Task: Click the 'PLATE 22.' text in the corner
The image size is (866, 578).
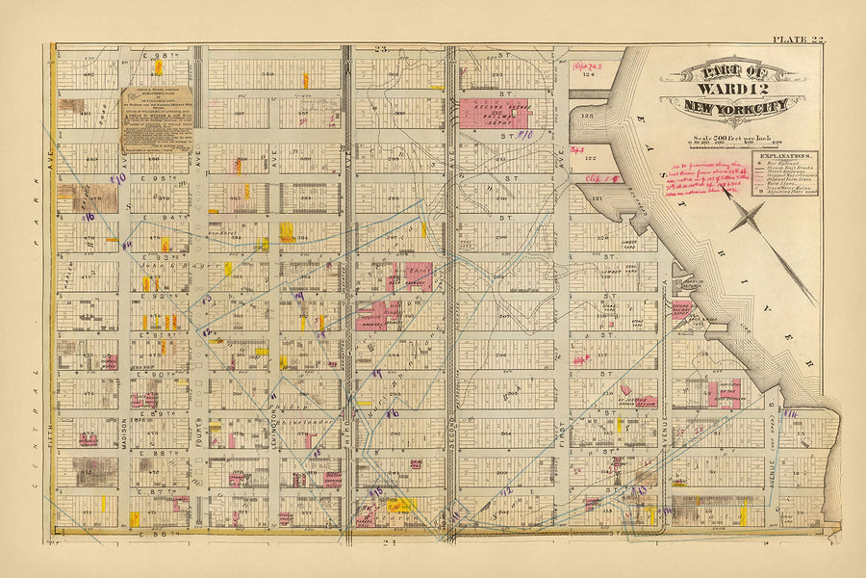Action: (x=798, y=39)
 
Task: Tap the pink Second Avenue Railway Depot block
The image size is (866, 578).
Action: (x=494, y=113)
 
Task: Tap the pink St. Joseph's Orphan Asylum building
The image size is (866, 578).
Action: (x=635, y=401)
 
